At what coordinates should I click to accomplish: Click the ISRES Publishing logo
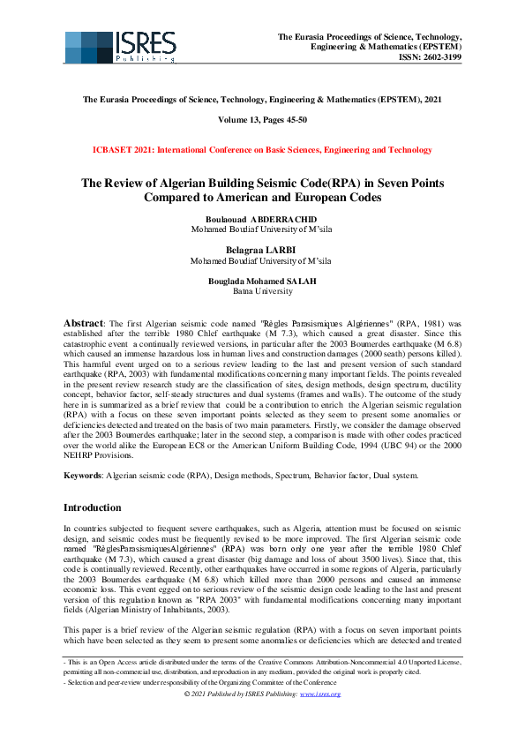(x=120, y=47)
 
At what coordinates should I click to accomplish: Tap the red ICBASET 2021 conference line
(x=262, y=151)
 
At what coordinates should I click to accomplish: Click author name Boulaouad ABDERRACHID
(x=262, y=219)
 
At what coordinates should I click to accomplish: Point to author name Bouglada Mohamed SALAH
(x=262, y=281)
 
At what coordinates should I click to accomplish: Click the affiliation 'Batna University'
(x=262, y=290)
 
